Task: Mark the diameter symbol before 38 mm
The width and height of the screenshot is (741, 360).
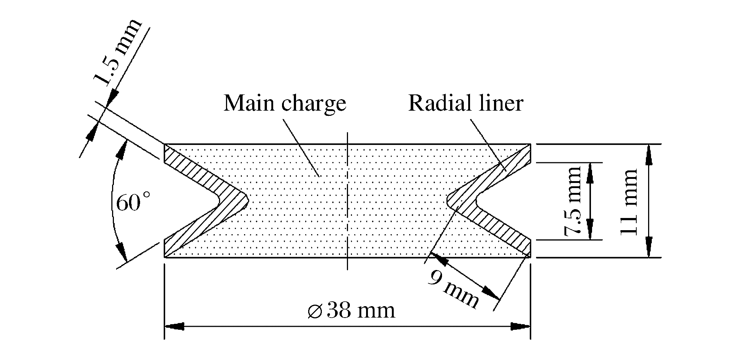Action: point(316,311)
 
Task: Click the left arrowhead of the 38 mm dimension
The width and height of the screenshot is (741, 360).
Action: point(174,326)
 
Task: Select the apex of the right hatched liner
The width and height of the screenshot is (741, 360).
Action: point(447,201)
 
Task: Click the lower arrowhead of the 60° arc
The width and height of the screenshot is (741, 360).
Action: point(122,252)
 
